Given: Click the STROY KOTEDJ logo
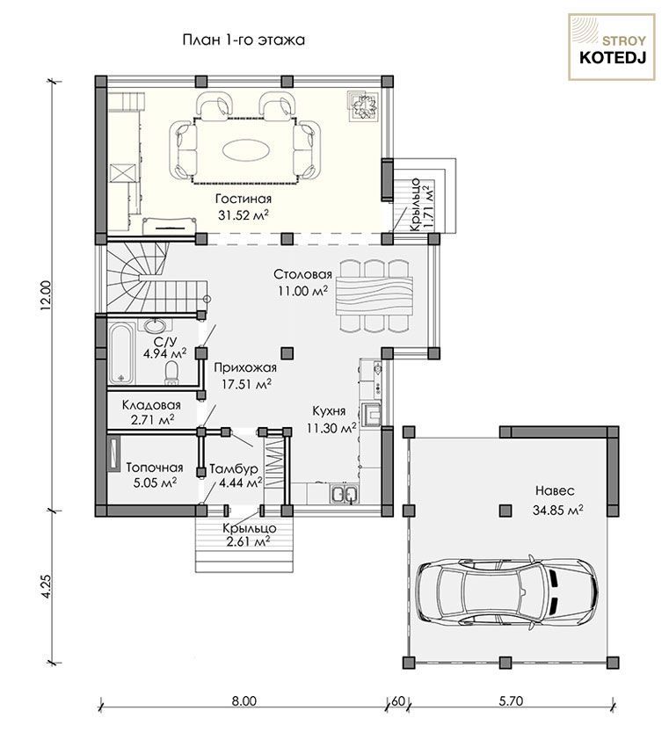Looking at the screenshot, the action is (x=612, y=47).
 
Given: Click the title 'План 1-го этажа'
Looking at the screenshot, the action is (x=244, y=40).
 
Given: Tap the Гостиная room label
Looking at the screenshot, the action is (x=243, y=199).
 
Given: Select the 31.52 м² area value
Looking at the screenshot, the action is (x=243, y=214).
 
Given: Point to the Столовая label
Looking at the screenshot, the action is (x=302, y=275).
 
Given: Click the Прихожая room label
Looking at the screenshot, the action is (x=245, y=367).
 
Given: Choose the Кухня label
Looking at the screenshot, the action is (x=329, y=411).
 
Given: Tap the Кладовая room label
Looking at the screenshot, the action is (x=151, y=405).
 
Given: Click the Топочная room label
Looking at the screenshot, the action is (x=155, y=468).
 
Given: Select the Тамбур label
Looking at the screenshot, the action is (x=234, y=468).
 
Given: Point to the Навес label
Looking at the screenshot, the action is (x=555, y=490).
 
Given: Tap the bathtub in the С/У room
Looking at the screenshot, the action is (x=121, y=353).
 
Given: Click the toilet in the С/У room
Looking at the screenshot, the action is (x=171, y=373).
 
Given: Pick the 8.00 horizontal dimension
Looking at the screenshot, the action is (x=244, y=700).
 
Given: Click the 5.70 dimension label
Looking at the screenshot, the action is (x=511, y=700).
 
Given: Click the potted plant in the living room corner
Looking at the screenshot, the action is (x=364, y=105).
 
